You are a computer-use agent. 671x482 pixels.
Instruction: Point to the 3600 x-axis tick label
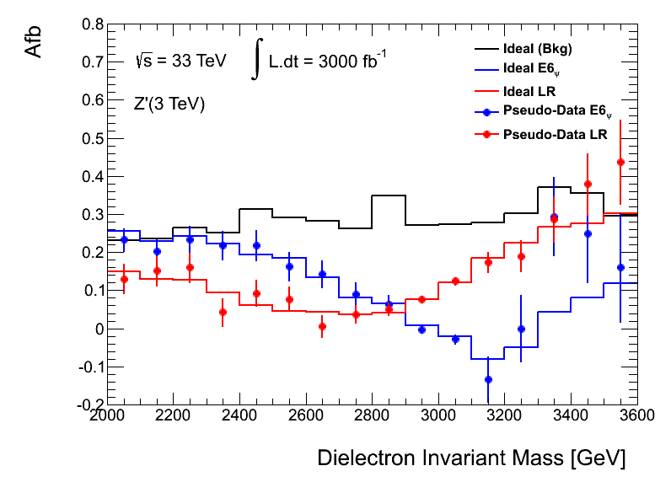(x=636, y=416)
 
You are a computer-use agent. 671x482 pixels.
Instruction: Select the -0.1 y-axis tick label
(x=88, y=367)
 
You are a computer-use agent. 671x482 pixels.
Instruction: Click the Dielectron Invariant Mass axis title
(x=471, y=458)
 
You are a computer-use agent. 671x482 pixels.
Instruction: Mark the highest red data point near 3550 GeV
(x=620, y=162)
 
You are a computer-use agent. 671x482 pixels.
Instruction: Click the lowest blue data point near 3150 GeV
(x=487, y=379)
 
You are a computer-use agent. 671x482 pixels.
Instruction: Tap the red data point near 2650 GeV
(x=322, y=326)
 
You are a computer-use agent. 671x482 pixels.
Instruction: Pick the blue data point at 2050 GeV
(x=124, y=239)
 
